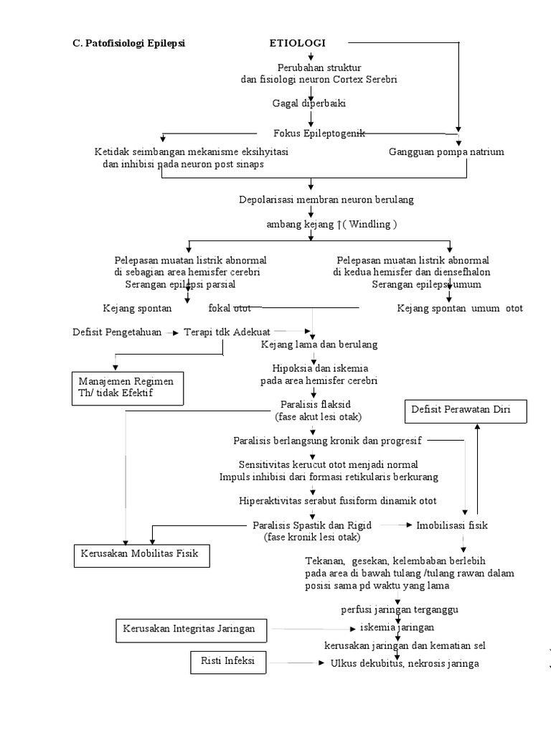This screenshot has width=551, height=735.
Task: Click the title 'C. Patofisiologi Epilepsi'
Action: coord(129,43)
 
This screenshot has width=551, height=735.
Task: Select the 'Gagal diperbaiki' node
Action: coord(309,103)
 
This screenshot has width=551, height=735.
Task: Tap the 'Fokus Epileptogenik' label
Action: coord(319,134)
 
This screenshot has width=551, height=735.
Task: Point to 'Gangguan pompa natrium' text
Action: coord(446,152)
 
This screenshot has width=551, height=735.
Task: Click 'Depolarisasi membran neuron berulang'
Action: coord(326,200)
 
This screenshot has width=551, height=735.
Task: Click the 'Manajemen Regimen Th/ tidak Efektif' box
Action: coord(127,388)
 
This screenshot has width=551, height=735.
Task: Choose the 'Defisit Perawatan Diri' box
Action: coord(466,411)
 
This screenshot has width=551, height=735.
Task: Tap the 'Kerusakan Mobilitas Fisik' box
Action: coord(142,554)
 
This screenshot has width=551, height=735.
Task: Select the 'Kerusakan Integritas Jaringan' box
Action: coord(189,629)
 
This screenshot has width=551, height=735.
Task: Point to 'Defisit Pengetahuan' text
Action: coord(117,332)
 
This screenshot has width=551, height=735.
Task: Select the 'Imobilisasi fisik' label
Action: coord(452,525)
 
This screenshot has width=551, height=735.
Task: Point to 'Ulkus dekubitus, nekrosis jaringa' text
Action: coord(404,663)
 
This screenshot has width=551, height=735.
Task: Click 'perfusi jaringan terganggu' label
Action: coord(399,609)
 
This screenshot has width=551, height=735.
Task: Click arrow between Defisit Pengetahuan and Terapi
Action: coord(173,332)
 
